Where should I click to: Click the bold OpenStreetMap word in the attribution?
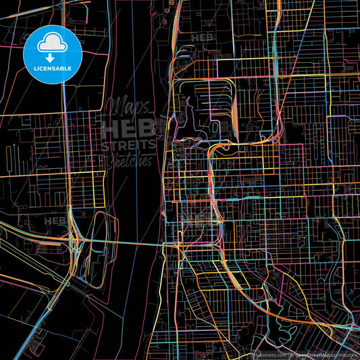pyautogui.click(x=310, y=353)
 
